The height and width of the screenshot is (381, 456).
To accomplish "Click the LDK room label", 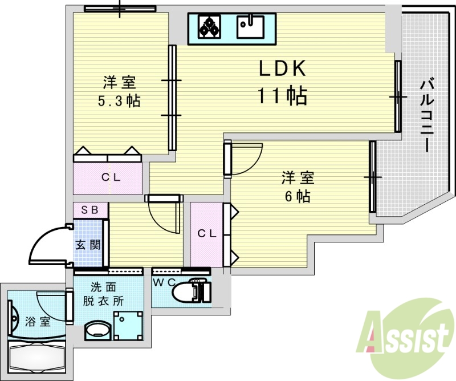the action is [283, 69].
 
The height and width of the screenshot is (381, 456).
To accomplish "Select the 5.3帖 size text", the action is [119, 102].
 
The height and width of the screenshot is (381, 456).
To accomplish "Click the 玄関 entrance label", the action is [88, 246].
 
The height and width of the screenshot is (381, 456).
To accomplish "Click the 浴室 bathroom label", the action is [38, 321].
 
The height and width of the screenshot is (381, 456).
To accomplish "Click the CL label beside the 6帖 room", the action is [206, 233].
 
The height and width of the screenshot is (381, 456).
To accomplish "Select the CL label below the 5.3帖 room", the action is [111, 177].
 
